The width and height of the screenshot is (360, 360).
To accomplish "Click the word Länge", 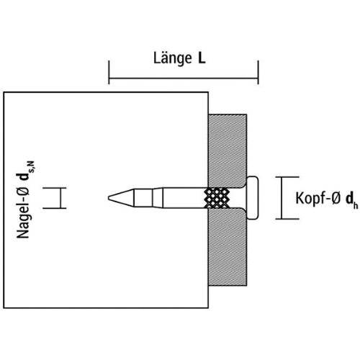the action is pyautogui.click(x=173, y=58).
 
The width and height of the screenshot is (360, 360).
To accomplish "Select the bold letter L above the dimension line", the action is pyautogui.click(x=202, y=58).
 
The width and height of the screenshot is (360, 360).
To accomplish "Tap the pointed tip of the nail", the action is pyautogui.click(x=109, y=198).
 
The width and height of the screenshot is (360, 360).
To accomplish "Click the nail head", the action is pyautogui.click(x=253, y=198).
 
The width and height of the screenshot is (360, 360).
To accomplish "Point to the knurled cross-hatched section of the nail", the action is pyautogui.click(x=217, y=198).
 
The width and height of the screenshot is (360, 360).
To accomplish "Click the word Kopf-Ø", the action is pyautogui.click(x=318, y=198).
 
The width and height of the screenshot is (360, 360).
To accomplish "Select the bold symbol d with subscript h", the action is pyautogui.click(x=351, y=200).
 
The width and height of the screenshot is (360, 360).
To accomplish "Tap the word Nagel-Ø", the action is pyautogui.click(x=23, y=214).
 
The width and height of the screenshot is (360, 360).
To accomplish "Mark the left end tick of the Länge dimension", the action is pyautogui.click(x=109, y=72).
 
